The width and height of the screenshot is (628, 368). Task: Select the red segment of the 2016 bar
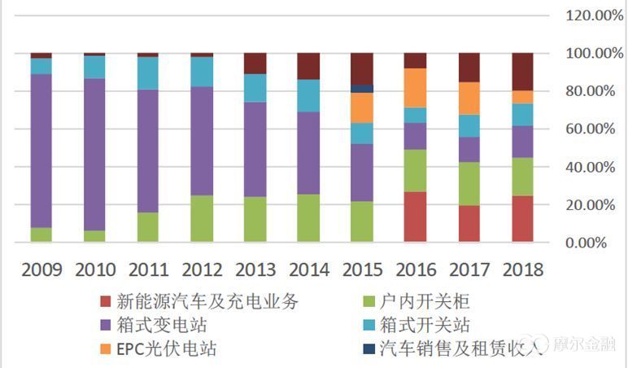416,217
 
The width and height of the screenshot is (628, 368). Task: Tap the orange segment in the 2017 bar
469,99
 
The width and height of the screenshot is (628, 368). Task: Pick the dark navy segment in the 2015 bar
362,89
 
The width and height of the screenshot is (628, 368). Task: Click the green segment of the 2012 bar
202,218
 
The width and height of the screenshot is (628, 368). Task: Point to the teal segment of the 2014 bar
308,95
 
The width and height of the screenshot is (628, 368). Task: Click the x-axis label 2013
255,269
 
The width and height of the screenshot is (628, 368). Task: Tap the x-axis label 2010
94,269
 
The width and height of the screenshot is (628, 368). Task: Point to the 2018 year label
523,269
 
